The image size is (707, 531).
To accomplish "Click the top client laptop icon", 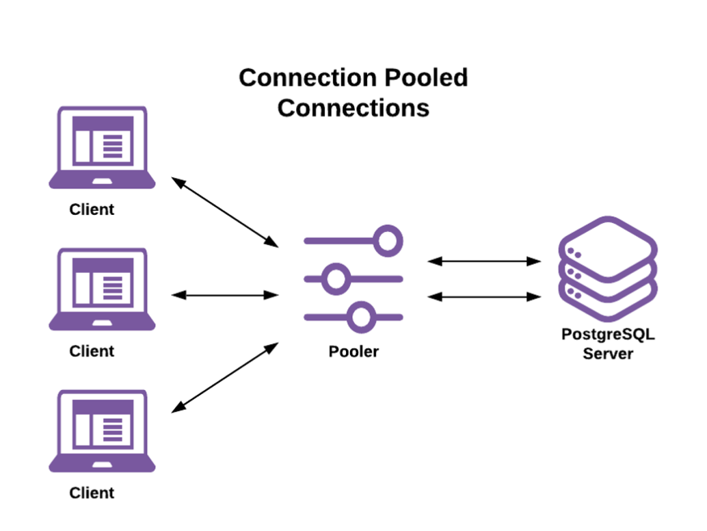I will tap(102, 146).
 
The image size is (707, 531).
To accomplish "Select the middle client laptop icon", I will tap(102, 288).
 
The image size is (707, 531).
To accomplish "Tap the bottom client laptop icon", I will tap(102, 430).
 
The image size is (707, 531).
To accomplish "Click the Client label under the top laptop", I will tap(92, 209).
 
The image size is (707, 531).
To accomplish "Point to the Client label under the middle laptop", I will tap(92, 351).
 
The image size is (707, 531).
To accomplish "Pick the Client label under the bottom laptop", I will tap(92, 493).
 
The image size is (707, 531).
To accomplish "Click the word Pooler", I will tap(353, 352).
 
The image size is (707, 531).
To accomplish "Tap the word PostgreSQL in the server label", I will tap(608, 335).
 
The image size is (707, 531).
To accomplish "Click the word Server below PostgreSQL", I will tap(608, 354).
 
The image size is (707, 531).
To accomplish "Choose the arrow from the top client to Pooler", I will tap(225, 212).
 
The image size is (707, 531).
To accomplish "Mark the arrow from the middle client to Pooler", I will tap(225, 296).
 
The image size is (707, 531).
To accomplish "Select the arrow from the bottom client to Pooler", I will tap(225, 378).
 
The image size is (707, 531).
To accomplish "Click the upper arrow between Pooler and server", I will tap(484, 261).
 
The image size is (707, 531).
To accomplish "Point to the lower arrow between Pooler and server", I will tap(484, 296).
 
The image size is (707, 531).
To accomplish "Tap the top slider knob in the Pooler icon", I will tap(388, 240).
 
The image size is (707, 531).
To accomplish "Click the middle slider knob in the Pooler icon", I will tap(335, 279).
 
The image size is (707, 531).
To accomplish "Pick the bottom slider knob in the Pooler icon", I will tap(360, 317).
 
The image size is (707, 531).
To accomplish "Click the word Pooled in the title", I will tap(425, 77).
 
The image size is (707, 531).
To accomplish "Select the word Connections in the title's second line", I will tap(353, 107).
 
